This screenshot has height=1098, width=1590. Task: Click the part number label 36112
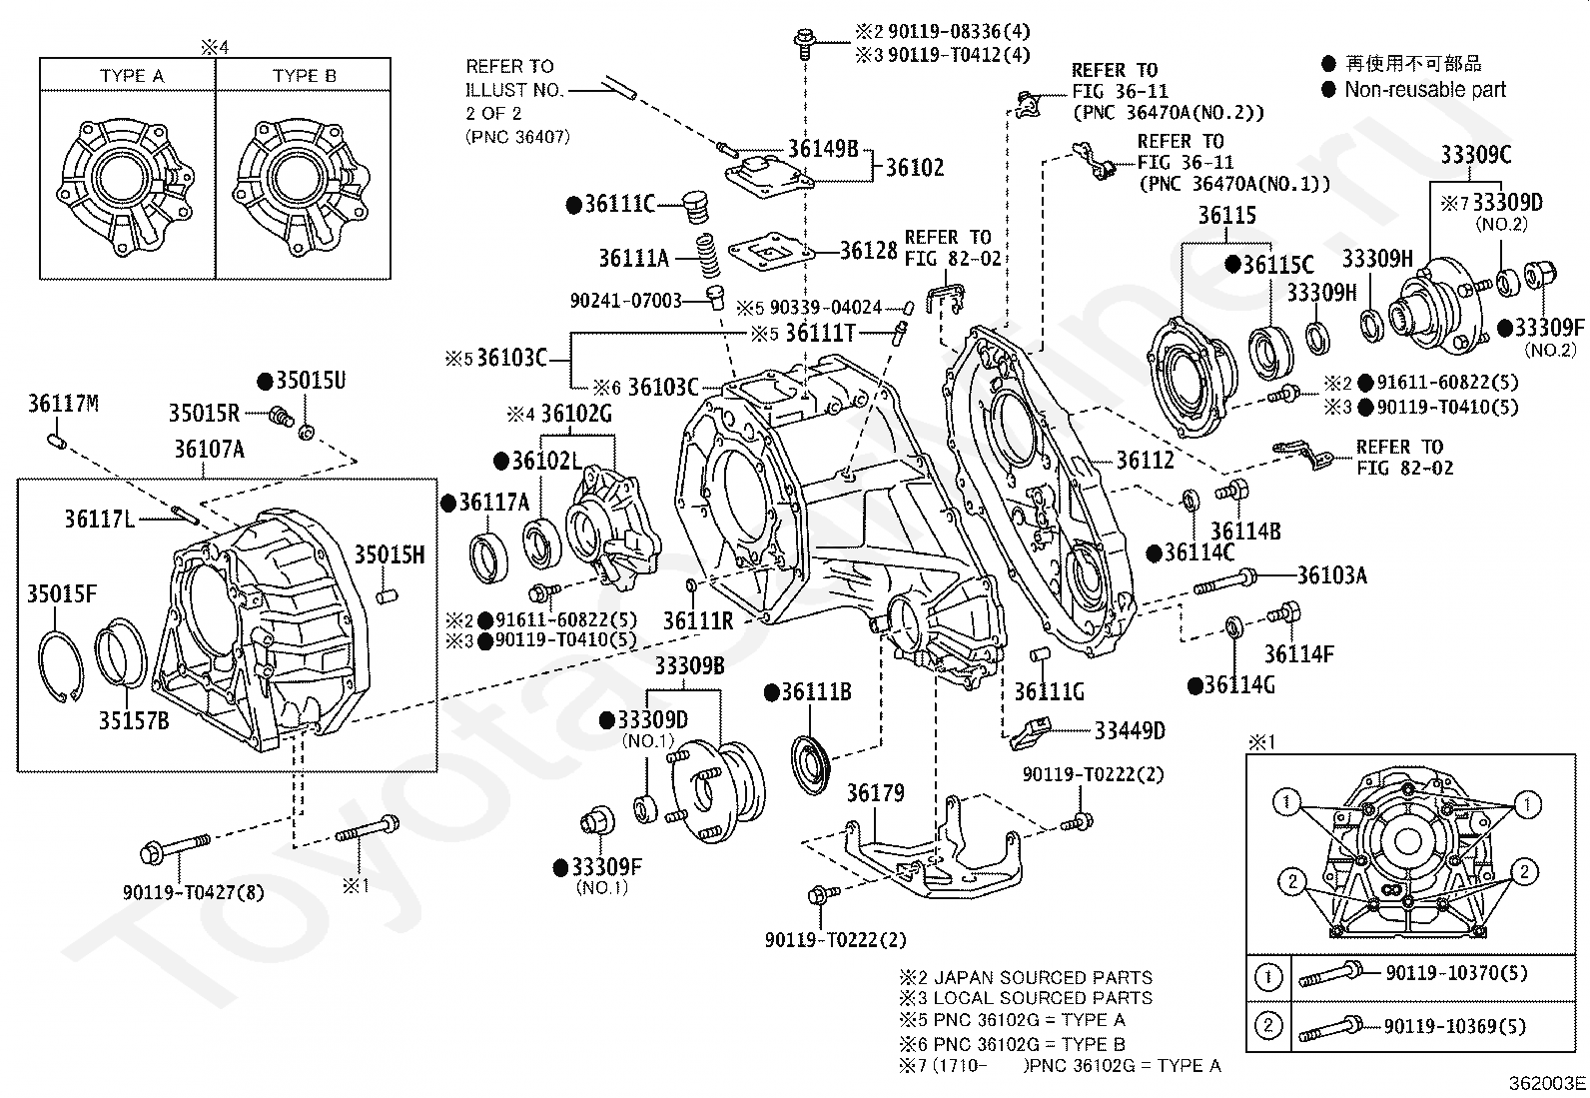[x=1145, y=461]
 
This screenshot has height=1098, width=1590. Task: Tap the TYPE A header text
[x=132, y=76]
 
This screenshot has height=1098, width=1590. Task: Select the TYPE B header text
[x=305, y=76]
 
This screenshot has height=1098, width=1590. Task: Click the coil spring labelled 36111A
[x=708, y=256]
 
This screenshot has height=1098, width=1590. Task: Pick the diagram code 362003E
[x=1547, y=1083]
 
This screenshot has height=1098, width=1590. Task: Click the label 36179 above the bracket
[x=876, y=792]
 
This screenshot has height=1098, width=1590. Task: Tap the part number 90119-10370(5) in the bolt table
[x=1456, y=972]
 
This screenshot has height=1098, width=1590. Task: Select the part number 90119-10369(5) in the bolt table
[x=1455, y=1025]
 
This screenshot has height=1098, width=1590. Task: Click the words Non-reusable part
[x=1425, y=90]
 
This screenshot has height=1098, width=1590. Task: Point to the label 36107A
[x=210, y=449]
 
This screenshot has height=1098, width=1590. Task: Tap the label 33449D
[x=1130, y=730]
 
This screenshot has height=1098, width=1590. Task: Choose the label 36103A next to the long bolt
[x=1332, y=574]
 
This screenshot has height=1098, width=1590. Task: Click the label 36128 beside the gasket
[x=869, y=250]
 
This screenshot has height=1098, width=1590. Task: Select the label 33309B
[x=689, y=666]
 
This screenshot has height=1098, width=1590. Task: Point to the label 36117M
[x=63, y=404]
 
